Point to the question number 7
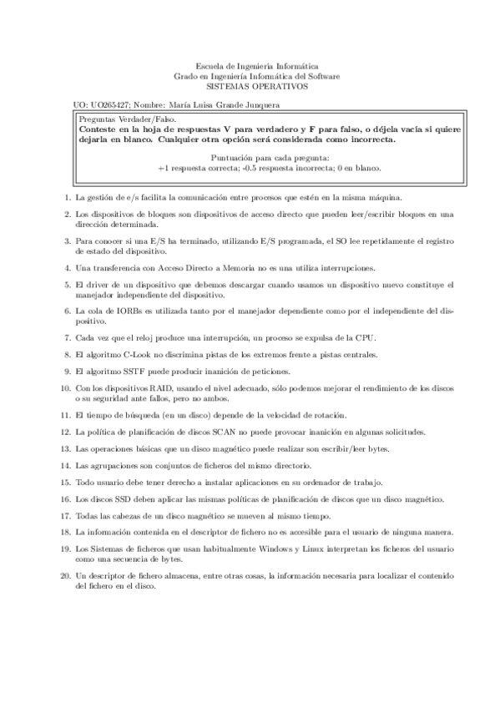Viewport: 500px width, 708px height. click(x=66, y=337)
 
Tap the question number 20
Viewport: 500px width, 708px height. click(x=64, y=576)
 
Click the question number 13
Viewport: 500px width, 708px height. click(x=64, y=448)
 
